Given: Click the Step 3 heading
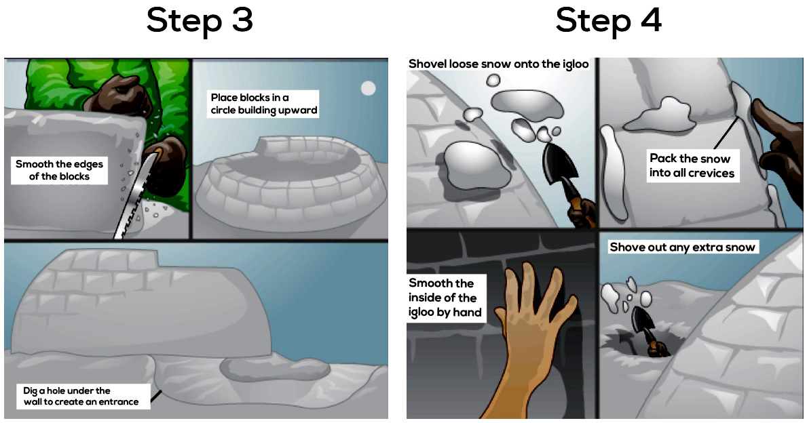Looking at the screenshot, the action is (x=200, y=20).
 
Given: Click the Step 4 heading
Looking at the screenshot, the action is (x=608, y=20).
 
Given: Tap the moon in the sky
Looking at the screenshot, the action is (x=368, y=88).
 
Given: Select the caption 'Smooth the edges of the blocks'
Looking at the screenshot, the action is (x=59, y=170).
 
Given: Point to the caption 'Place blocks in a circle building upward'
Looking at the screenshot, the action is (x=263, y=103).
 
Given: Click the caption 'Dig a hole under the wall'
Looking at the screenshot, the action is (x=81, y=397).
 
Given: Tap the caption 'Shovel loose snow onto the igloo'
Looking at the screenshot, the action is (x=498, y=64).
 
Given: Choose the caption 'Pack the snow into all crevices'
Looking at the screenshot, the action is (x=692, y=165).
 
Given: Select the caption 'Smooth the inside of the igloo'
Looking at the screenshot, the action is (x=445, y=298).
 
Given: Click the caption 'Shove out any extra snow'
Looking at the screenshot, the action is (x=682, y=247).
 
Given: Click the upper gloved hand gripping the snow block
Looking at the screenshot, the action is (x=117, y=96).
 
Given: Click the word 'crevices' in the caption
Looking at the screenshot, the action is (x=711, y=173).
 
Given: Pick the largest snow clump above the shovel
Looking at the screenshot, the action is (x=527, y=105).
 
